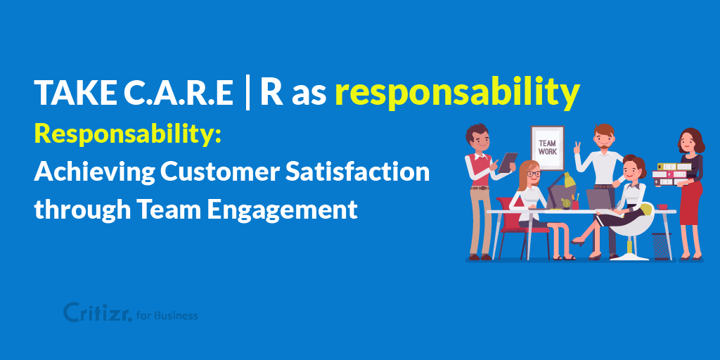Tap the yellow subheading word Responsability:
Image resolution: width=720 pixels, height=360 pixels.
(x=128, y=136)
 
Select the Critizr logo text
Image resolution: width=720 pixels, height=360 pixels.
(x=97, y=311)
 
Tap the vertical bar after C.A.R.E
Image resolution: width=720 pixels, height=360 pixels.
(x=247, y=94)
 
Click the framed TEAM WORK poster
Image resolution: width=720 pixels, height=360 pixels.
(x=547, y=148)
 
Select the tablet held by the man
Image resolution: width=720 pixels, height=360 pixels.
(x=508, y=162)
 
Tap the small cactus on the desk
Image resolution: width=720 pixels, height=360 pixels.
(x=566, y=203)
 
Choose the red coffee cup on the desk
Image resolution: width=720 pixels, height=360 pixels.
(x=662, y=207)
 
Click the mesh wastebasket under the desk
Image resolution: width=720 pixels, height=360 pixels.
(x=661, y=246)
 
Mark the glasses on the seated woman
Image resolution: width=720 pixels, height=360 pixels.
(x=533, y=174)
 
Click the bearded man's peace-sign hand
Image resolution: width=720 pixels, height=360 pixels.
(x=577, y=148)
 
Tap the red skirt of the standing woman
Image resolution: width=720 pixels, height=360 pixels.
(x=690, y=202)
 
